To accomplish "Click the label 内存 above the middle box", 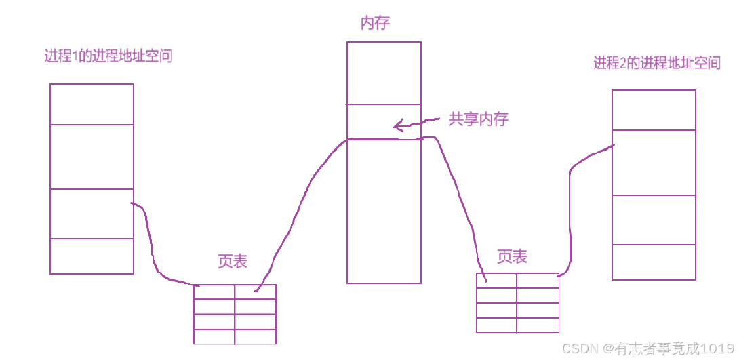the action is pos(375,24).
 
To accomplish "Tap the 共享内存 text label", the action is pos(478,119).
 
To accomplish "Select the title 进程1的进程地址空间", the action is pos(108,56).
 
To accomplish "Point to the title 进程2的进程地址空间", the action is pos(656,63).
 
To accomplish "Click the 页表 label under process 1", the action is pos(233,262).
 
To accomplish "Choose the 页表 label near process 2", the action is pos(512,256).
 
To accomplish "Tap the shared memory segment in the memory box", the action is pos(383,122).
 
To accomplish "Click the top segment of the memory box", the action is pos(383,73).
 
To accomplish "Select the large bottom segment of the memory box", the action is pos(383,210).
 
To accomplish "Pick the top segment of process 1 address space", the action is pos(92,104).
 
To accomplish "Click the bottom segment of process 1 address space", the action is pos(92,256).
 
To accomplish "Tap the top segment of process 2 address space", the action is pos(654,110).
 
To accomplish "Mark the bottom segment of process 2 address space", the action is pos(654,262).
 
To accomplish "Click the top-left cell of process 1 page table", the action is pos(214,292).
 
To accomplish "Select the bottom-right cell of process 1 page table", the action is pos(256,336).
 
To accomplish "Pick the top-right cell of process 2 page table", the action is pos(538,281).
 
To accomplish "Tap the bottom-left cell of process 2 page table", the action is pos(496,325).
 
